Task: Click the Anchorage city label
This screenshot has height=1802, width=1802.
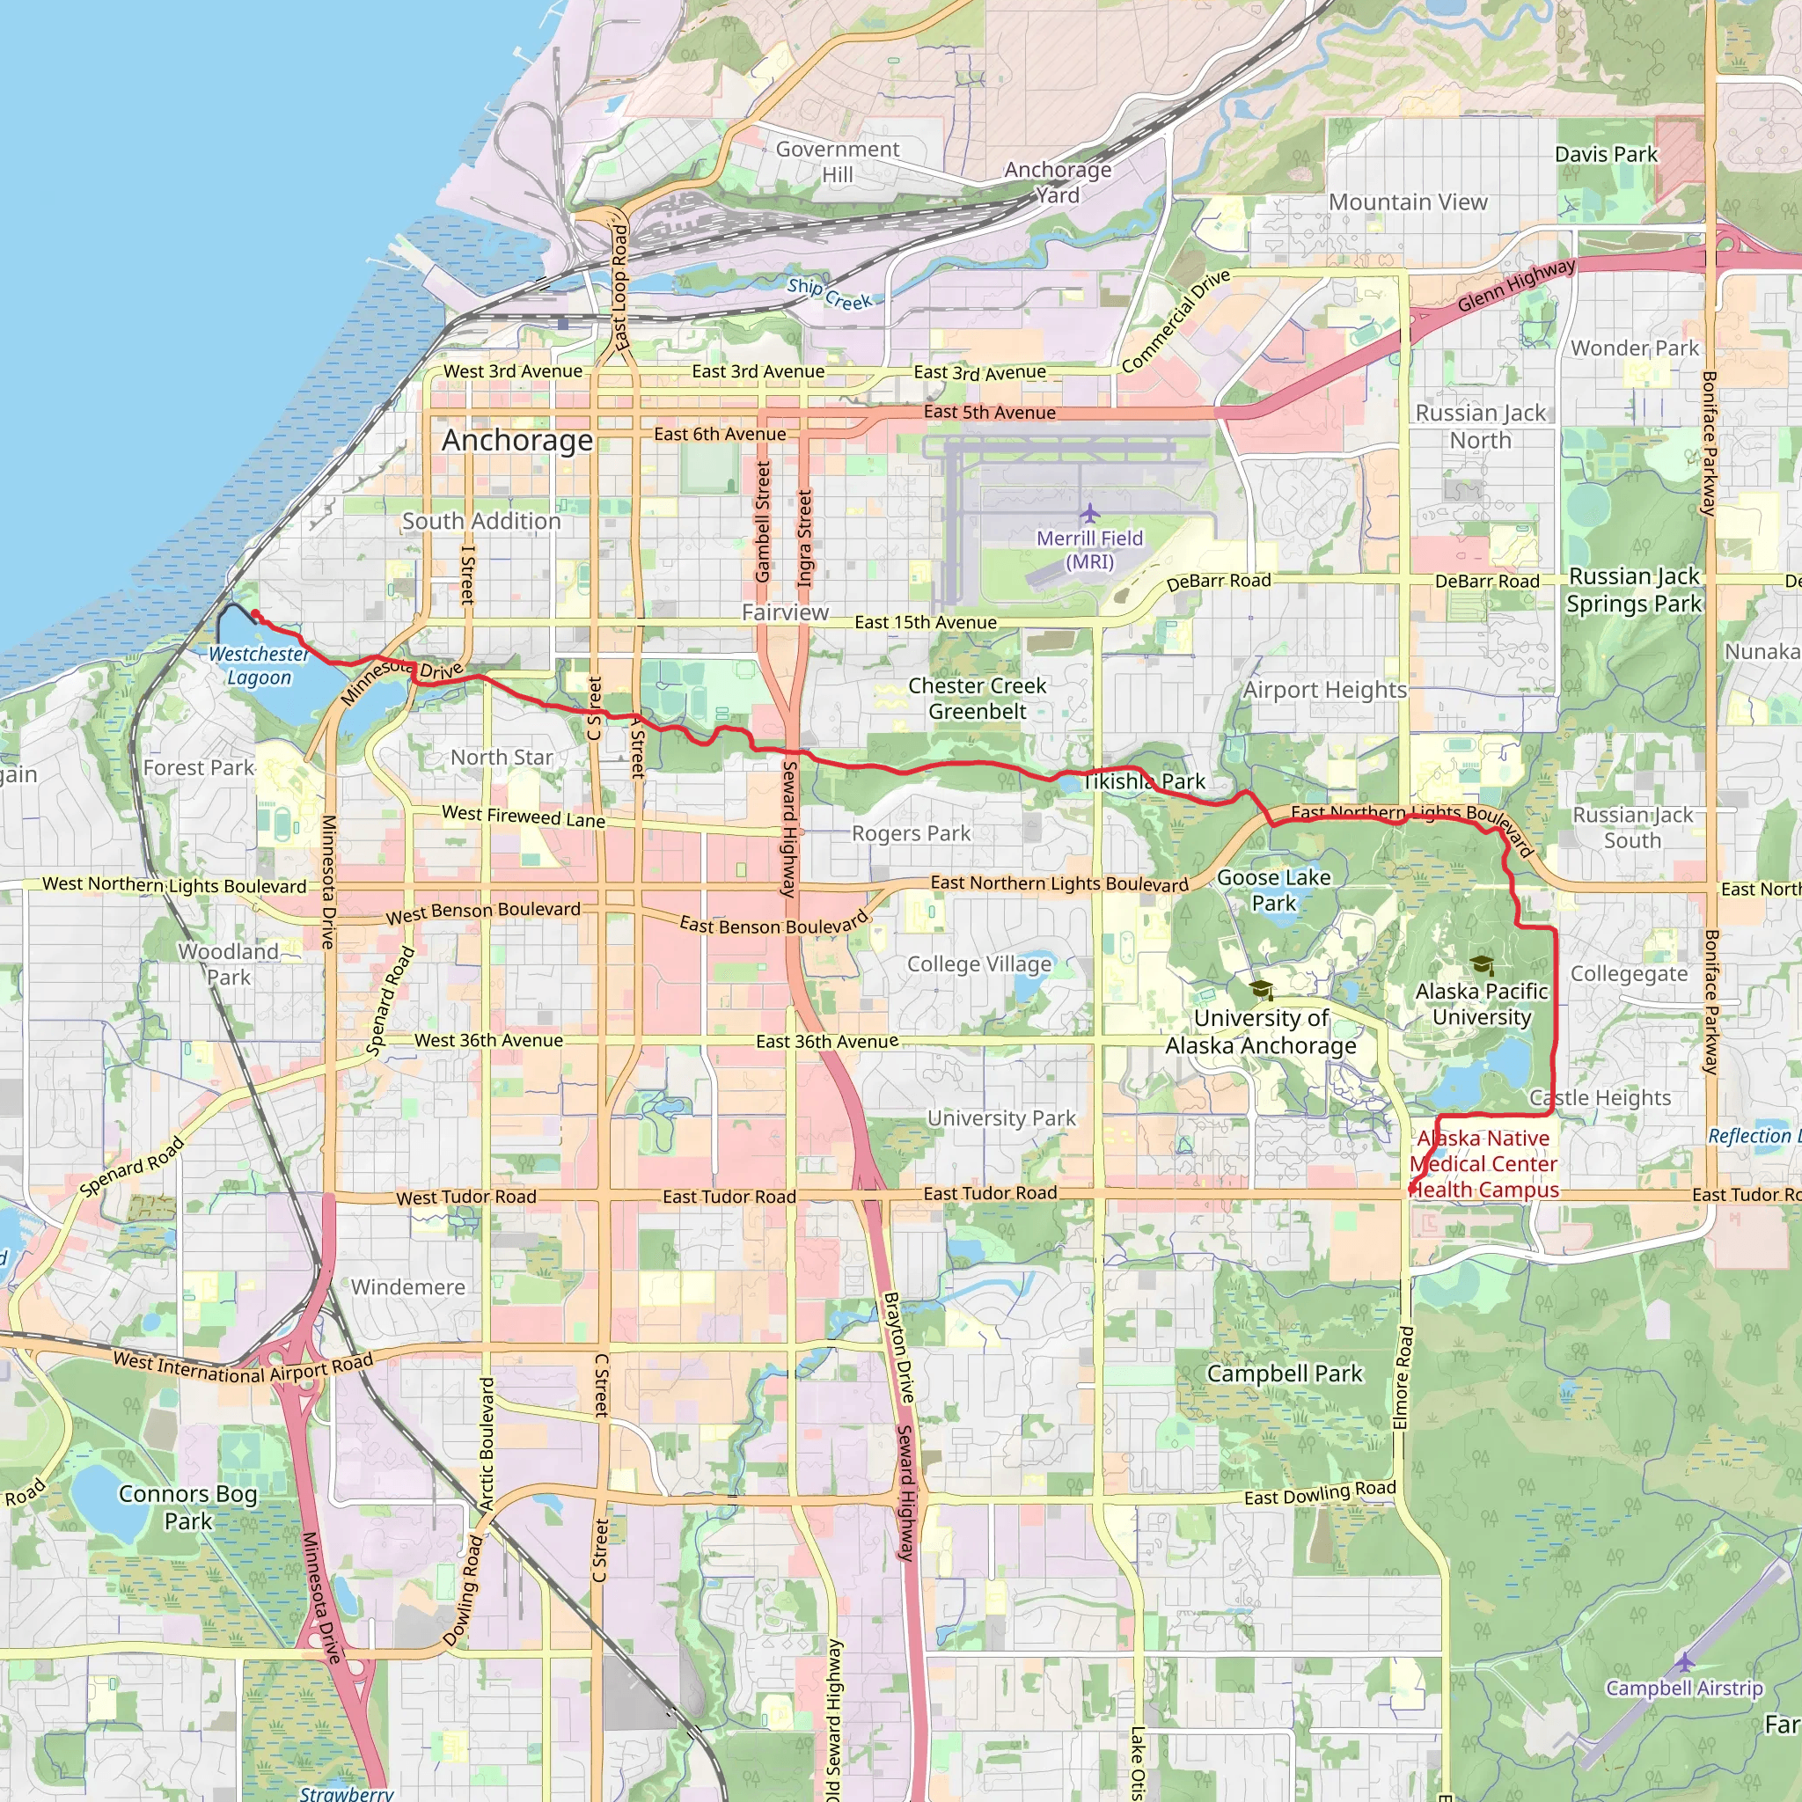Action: click(516, 440)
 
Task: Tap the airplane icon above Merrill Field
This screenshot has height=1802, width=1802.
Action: click(1089, 513)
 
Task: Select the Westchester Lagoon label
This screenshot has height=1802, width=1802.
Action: click(259, 666)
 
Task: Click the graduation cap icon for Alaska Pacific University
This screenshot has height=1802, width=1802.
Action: click(1481, 965)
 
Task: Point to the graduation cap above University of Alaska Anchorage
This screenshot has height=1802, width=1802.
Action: click(1261, 991)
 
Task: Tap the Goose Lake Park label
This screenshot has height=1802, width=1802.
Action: click(1273, 890)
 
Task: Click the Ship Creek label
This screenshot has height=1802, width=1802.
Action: click(829, 294)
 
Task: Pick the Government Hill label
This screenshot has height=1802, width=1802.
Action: click(838, 161)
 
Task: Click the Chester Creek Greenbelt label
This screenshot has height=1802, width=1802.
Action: click(977, 699)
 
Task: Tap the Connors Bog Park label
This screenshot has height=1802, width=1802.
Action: click(187, 1507)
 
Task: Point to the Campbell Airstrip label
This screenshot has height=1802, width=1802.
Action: click(1683, 1688)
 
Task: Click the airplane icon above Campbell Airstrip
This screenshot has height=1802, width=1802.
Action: click(1683, 1661)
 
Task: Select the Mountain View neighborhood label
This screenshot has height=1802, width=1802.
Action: click(1408, 202)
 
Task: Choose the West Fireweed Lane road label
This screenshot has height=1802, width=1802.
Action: click(524, 817)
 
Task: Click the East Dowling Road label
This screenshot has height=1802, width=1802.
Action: click(1320, 1493)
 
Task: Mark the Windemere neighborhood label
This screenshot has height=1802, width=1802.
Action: click(407, 1287)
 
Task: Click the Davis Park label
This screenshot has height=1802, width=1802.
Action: click(1605, 154)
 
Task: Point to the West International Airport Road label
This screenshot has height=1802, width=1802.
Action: click(243, 1368)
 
